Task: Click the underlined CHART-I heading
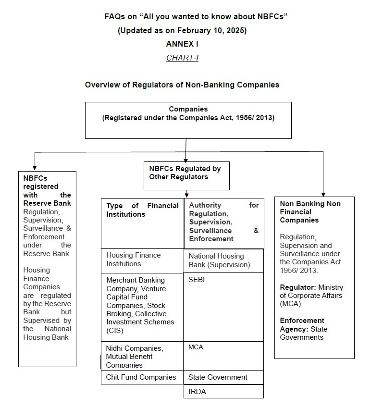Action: click(182, 58)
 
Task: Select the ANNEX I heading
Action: click(182, 44)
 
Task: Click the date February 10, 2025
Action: click(211, 30)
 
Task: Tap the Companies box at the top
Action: click(188, 120)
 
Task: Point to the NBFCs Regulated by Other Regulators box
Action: click(186, 175)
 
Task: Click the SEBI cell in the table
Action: click(197, 280)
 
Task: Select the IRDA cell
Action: click(198, 392)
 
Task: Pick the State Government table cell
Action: click(218, 377)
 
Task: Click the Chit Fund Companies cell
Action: click(141, 377)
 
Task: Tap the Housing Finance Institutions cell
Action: click(134, 260)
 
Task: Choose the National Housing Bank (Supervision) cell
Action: click(219, 260)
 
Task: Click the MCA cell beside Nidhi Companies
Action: click(196, 347)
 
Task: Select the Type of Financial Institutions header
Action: click(142, 210)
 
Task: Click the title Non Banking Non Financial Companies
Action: click(310, 212)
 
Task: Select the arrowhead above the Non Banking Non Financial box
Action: click(323, 192)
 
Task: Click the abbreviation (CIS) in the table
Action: click(115, 331)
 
